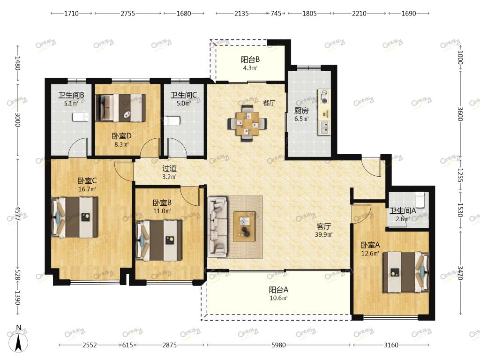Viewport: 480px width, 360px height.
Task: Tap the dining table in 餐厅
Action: (x=247, y=123)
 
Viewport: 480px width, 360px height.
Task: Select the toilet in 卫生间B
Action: (x=81, y=117)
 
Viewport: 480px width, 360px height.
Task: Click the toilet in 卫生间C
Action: (x=171, y=120)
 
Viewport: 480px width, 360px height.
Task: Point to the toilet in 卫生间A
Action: (x=420, y=199)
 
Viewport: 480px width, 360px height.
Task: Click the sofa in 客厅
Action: (x=217, y=227)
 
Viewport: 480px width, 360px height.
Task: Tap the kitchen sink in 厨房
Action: (x=324, y=127)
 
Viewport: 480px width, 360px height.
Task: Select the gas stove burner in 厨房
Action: (x=324, y=97)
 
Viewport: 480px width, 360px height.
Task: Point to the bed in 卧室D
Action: (x=120, y=108)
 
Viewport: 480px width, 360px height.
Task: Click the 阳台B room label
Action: (x=250, y=60)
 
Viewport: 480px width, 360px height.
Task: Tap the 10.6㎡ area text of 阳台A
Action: (x=278, y=298)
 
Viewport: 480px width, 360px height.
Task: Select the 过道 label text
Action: (x=169, y=168)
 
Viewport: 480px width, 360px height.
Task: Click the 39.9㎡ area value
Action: (x=323, y=235)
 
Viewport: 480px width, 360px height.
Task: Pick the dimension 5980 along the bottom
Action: (x=278, y=345)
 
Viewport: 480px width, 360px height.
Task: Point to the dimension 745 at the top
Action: (x=276, y=14)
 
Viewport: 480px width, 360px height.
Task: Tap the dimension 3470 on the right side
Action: (x=460, y=272)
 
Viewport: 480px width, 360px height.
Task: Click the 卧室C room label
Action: (x=87, y=181)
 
